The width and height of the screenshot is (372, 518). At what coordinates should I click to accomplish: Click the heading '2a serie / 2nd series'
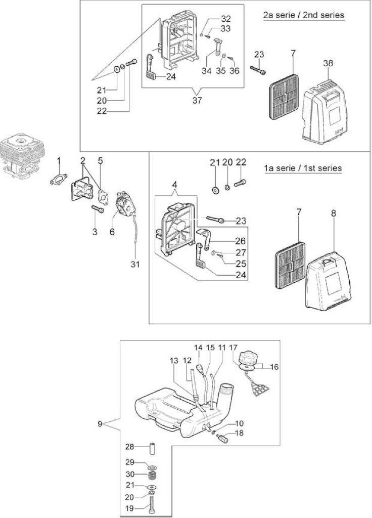pos(304,15)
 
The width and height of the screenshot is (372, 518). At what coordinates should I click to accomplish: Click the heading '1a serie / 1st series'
pos(303,168)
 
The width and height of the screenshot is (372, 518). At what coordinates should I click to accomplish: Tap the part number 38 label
pos(328,63)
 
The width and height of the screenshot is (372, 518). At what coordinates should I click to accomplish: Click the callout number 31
pos(135,264)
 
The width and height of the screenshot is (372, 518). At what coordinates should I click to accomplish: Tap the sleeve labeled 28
pos(153,448)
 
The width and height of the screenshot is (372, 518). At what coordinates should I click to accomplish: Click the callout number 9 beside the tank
pos(100,424)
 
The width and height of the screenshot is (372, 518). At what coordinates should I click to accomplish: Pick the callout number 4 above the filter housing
pos(175,184)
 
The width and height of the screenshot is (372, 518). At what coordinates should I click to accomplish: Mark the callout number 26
pos(241,241)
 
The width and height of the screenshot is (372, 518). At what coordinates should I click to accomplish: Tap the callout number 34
pos(206,71)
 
